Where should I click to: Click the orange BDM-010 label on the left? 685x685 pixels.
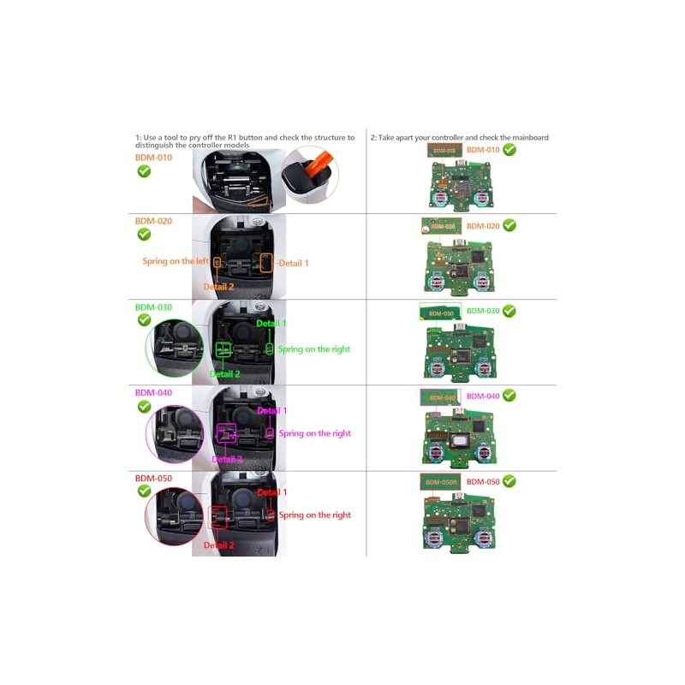point(153,158)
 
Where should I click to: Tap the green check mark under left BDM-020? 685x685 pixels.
point(144,235)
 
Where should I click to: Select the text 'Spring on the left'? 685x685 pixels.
point(176,261)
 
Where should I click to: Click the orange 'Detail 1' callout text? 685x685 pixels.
point(293,263)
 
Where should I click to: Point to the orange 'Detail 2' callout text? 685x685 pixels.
point(218,287)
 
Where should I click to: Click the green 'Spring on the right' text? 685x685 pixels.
point(314,349)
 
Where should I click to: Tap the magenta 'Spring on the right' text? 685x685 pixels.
point(314,433)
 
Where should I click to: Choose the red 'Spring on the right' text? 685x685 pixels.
point(314,515)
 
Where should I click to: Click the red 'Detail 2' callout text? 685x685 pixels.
point(218,545)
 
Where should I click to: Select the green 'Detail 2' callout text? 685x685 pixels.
point(224,374)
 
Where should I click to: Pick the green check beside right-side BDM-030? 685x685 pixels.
point(509,311)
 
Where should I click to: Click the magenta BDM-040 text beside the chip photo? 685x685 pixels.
point(482,396)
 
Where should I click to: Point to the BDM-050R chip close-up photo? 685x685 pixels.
point(440,481)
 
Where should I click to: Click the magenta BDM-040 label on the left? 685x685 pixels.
point(153,392)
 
